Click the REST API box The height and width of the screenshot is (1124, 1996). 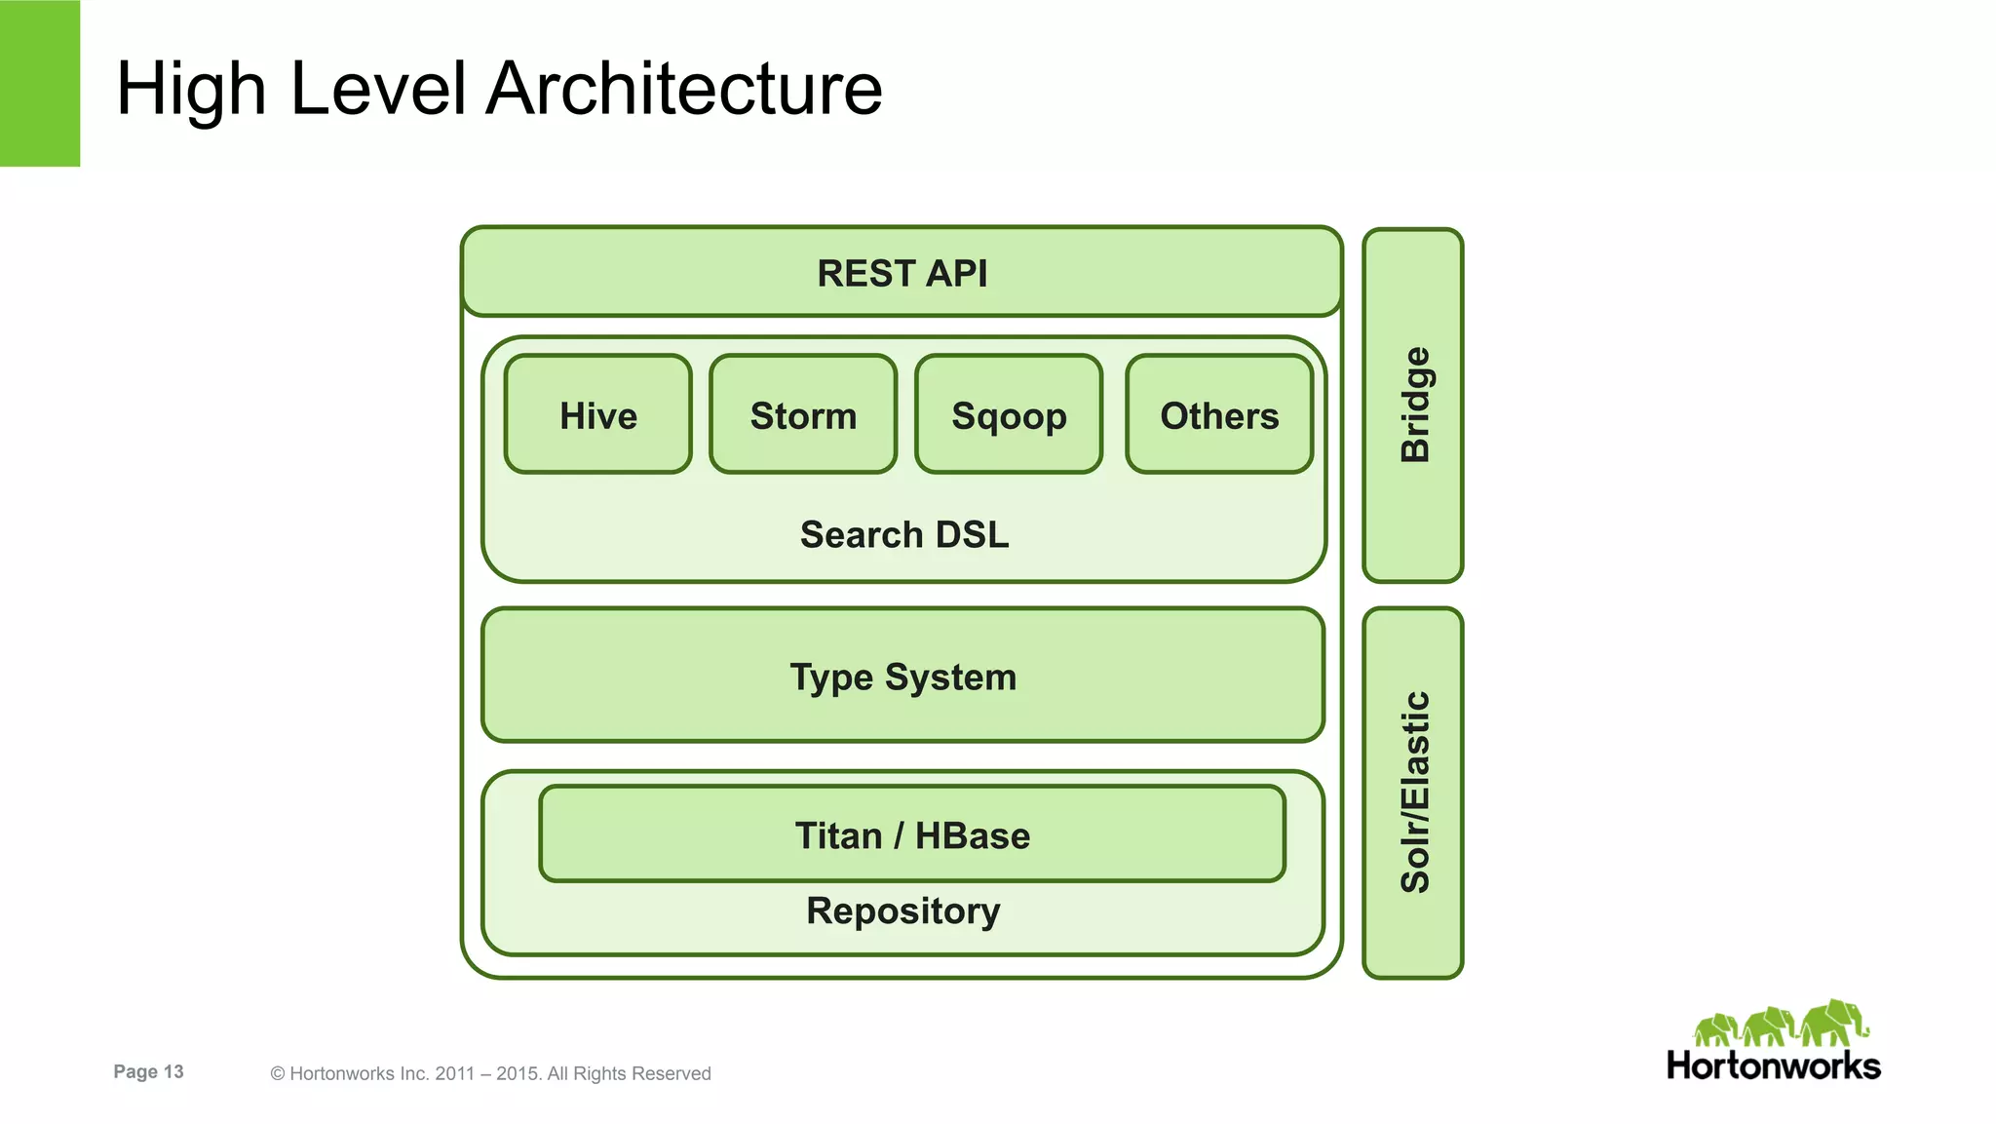coord(902,273)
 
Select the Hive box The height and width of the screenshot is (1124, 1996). coord(597,415)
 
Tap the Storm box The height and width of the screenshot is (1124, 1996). coord(803,415)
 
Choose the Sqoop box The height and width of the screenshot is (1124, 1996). coord(1009,415)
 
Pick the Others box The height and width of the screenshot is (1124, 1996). coord(1218,415)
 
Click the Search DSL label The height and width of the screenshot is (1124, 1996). coord(903,535)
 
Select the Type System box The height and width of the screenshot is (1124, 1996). coord(902,677)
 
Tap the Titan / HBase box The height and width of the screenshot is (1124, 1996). coord(911,835)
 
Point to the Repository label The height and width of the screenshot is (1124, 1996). coord(902,911)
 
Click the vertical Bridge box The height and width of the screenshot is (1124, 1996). coord(1413,405)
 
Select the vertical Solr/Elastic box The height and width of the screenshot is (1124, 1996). coord(1413,792)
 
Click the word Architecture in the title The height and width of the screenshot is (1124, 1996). coord(684,89)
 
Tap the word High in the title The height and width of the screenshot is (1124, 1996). coord(191,89)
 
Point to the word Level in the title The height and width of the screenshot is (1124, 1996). coord(378,89)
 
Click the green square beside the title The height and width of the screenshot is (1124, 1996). coord(40,83)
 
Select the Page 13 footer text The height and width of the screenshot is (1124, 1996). coord(148,1071)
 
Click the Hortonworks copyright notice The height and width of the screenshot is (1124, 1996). coord(490,1073)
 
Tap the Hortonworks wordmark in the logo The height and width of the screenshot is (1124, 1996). coord(1773,1066)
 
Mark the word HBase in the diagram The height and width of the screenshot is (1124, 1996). coord(972,835)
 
